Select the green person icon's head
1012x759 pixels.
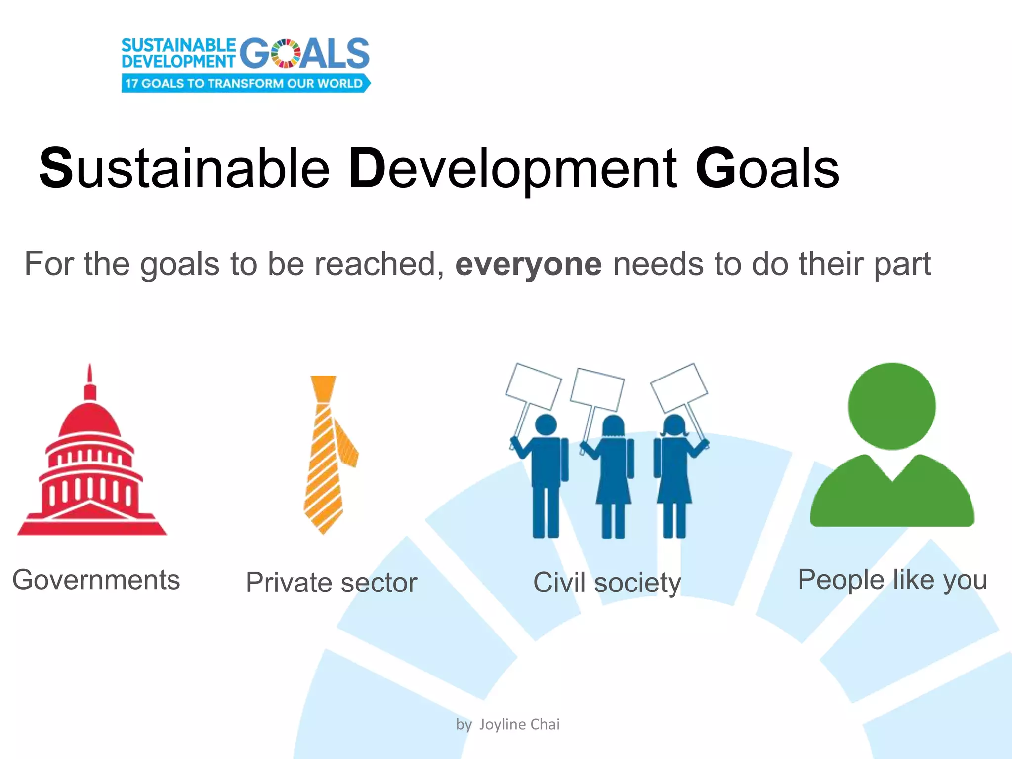[x=892, y=406]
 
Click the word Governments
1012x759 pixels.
[x=96, y=580]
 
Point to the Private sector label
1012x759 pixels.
[x=331, y=583]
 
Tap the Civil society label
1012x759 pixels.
[x=607, y=583]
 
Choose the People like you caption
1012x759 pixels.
[x=892, y=580]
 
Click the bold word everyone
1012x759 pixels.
[x=528, y=264]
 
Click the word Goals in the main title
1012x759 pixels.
[x=767, y=169]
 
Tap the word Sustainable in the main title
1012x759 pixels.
[x=184, y=169]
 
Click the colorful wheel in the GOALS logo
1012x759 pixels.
[x=286, y=53]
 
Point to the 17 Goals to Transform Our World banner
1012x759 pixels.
[x=245, y=84]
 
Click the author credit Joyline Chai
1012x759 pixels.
[x=519, y=724]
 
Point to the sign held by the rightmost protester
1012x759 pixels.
[x=679, y=387]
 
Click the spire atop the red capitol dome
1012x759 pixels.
[x=89, y=380]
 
